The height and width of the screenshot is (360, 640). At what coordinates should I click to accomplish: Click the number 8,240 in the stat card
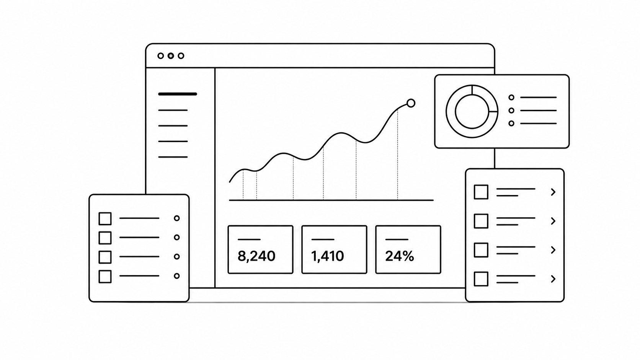point(256,256)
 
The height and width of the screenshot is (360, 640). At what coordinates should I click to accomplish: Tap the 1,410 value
point(327,256)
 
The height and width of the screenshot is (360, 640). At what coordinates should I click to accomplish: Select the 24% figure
point(400,256)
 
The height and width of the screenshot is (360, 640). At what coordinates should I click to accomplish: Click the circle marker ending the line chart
point(411,103)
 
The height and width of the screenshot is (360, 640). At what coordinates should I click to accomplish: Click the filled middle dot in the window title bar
point(171,56)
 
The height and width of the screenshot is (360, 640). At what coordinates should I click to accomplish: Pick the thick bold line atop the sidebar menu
point(178,94)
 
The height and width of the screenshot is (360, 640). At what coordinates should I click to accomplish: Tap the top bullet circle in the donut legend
point(511,97)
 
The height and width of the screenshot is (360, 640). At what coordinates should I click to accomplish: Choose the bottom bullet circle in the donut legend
point(511,123)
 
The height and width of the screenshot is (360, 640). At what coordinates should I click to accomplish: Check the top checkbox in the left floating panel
point(105,218)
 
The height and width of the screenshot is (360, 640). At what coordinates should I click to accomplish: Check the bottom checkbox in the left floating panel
point(105,276)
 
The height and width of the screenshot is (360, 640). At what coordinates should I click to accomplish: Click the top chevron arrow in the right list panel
point(553,192)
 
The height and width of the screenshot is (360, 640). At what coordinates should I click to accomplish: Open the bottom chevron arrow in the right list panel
point(553,279)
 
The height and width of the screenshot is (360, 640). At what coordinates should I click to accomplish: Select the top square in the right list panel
point(481,192)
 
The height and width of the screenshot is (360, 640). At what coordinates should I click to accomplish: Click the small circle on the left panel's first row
point(177,218)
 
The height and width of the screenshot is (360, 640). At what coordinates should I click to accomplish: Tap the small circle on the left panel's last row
point(177,276)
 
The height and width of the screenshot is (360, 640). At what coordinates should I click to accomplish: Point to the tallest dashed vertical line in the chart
point(397,154)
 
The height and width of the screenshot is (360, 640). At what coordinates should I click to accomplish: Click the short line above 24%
point(397,239)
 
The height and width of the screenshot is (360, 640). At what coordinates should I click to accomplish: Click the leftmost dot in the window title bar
point(160,56)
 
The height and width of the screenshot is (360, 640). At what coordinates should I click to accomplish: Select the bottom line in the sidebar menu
point(173,157)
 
